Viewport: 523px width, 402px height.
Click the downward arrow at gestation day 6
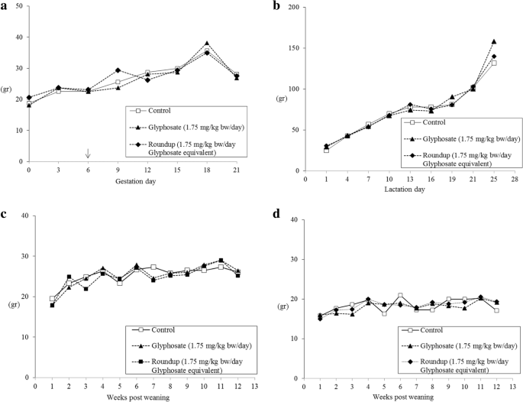(x=88, y=154)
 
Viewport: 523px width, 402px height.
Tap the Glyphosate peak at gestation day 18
(x=207, y=44)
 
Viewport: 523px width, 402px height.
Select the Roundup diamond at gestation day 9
(x=118, y=70)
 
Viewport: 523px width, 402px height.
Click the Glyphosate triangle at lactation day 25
(x=494, y=41)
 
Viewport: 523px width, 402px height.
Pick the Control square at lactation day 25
(x=494, y=63)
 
